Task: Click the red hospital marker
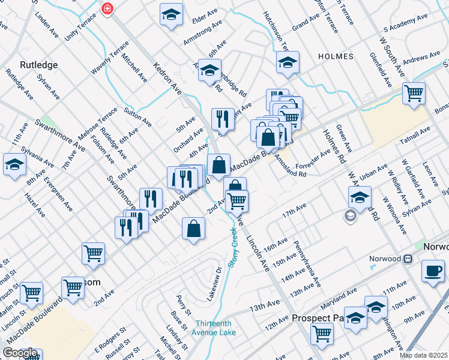(107, 9)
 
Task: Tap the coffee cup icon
(433, 270)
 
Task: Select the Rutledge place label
(38, 64)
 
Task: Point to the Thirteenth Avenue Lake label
(214, 327)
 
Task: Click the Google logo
(20, 353)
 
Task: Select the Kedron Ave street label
(167, 79)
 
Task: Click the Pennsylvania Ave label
(307, 264)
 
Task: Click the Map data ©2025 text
(423, 355)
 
